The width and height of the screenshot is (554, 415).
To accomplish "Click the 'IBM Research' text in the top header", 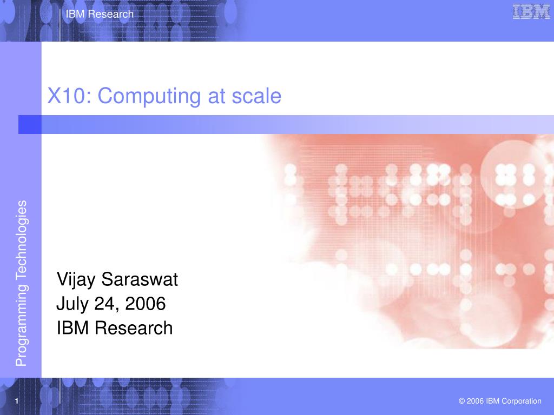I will click(x=100, y=15).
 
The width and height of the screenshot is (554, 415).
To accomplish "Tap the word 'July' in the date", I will click(x=72, y=304).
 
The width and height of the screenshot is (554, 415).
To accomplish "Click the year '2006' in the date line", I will click(x=145, y=304).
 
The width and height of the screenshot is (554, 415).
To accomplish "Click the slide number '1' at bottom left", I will click(x=17, y=401).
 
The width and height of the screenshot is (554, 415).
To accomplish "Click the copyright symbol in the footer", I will click(x=462, y=401).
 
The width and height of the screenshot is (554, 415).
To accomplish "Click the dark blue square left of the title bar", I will click(x=30, y=125).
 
